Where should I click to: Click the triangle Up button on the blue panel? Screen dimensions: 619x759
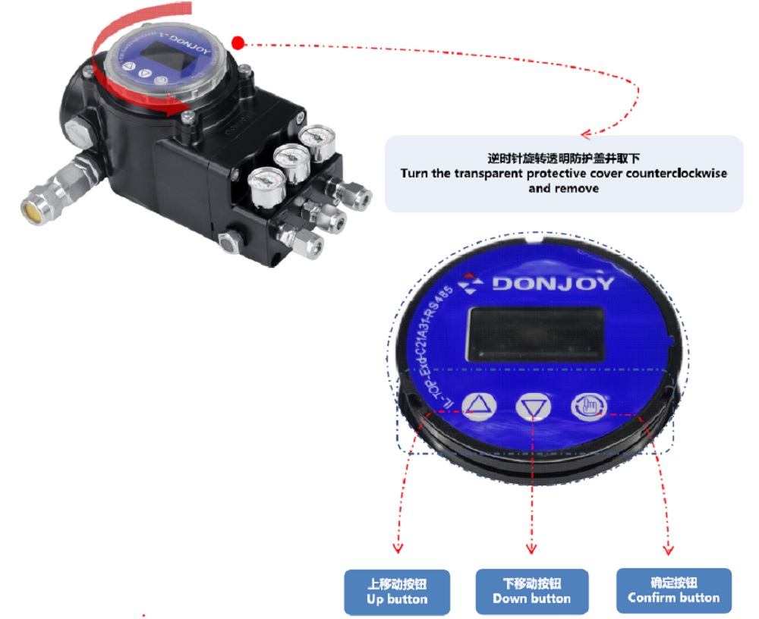click(x=478, y=406)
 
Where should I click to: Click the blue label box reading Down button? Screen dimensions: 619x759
click(x=531, y=591)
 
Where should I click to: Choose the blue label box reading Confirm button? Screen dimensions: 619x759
click(x=673, y=590)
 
